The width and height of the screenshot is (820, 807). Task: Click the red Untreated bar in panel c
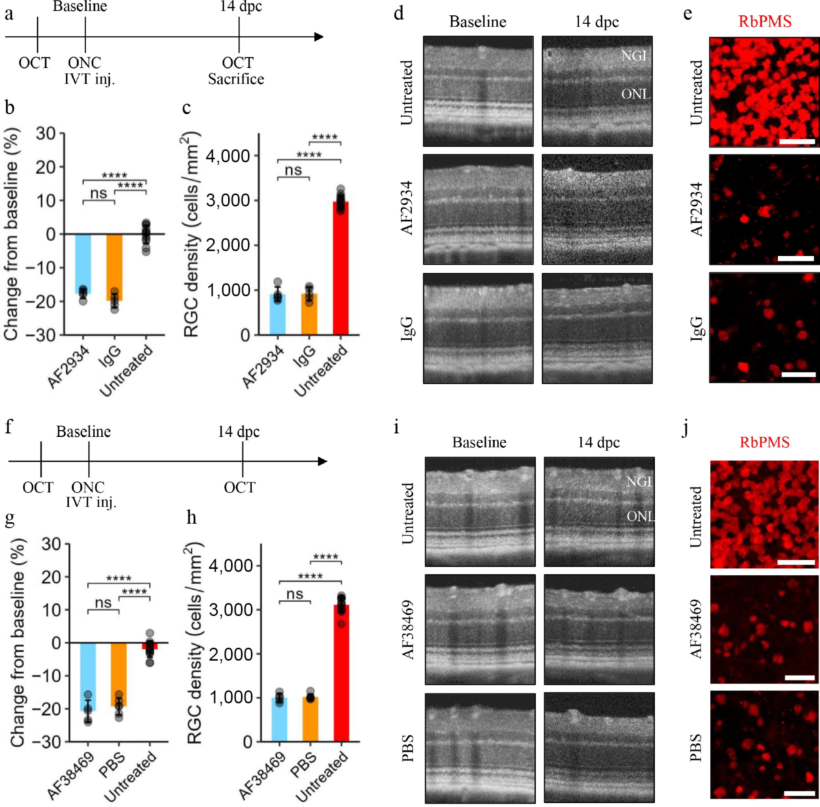[x=340, y=268]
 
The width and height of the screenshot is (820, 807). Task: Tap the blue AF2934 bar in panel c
[x=277, y=315]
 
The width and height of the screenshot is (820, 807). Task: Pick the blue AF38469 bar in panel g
[x=88, y=677]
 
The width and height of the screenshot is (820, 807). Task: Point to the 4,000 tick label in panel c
[x=228, y=156]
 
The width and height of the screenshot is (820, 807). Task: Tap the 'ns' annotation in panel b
[x=99, y=194]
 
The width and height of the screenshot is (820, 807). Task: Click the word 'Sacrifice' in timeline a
[x=236, y=79]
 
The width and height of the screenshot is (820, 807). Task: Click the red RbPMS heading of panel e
[x=765, y=21]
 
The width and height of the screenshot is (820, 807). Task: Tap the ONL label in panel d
[x=636, y=94]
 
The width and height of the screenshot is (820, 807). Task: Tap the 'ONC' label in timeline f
[x=88, y=487]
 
